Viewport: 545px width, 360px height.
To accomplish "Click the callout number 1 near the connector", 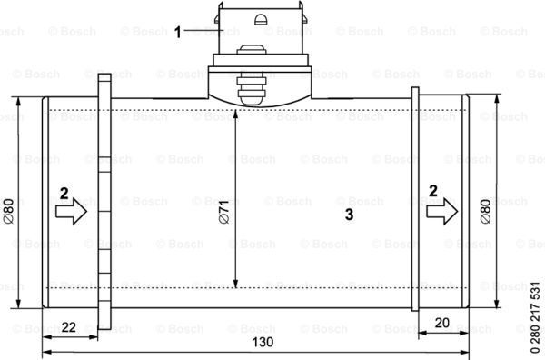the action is (178, 33).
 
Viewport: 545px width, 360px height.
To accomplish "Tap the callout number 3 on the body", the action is (350, 215).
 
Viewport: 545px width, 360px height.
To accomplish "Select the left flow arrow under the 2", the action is (71, 211).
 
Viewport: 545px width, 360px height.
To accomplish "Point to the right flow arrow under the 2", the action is (442, 211).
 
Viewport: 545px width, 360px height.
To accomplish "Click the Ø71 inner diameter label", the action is (224, 212).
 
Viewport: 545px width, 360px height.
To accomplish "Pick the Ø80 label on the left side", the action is (8, 211).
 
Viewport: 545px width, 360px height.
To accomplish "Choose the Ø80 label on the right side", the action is (486, 211).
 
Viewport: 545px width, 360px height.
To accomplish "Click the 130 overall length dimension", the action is (263, 342).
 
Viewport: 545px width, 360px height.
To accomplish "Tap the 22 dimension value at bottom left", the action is (68, 327).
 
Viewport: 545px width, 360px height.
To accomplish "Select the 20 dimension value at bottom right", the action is (441, 323).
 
